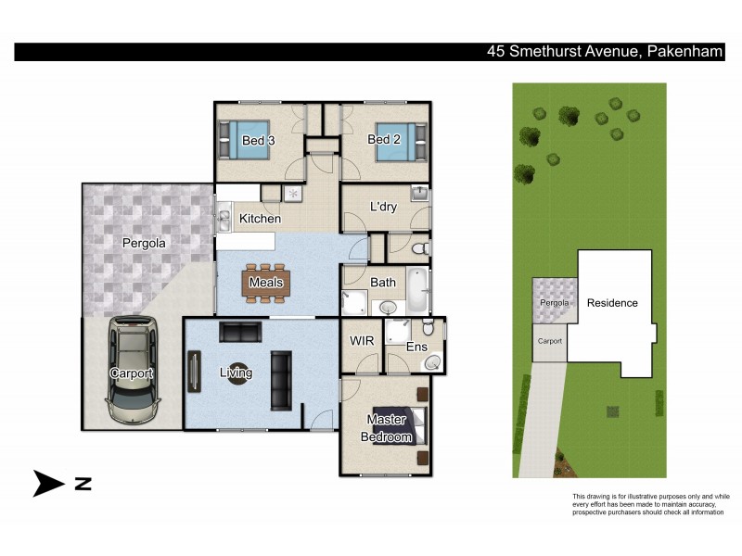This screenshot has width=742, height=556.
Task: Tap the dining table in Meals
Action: coord(266,283)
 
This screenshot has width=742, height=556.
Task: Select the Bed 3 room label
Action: coord(258,141)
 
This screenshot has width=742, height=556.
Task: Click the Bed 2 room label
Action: coord(384,140)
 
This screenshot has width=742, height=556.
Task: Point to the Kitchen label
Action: coord(260,219)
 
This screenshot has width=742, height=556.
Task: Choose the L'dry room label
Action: coord(383,207)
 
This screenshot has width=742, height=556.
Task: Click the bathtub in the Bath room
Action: coord(418,290)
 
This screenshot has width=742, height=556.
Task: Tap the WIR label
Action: coord(361,341)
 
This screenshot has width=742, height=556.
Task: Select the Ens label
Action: coord(416,347)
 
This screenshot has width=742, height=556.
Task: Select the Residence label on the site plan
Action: coord(612,303)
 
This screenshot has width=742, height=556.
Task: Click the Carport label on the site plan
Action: coord(549,341)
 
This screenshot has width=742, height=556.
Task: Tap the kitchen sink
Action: coord(224,220)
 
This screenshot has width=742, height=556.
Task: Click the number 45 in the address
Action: coord(498,52)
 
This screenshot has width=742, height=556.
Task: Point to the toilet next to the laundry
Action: coord(418,246)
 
